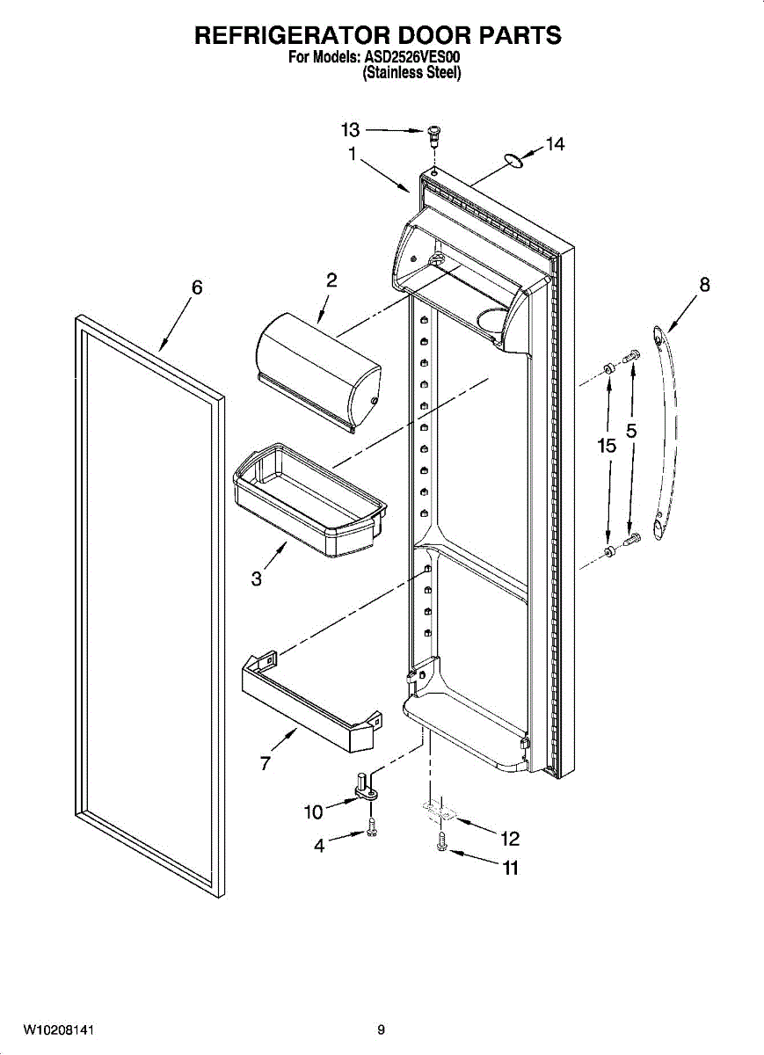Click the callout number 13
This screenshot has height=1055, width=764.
coord(350,130)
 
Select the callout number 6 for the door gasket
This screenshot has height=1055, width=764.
coord(197,287)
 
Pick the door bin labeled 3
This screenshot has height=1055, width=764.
coord(308,501)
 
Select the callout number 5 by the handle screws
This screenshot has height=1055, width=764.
coord(631,432)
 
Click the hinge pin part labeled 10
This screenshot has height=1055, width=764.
coord(364,788)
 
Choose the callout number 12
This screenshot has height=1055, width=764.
coord(510,838)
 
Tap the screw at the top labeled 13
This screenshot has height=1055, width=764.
coord(432,134)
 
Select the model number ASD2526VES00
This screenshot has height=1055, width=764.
coord(414,58)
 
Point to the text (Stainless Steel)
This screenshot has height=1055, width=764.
coord(412,74)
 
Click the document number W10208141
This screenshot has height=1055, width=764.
coord(58,1030)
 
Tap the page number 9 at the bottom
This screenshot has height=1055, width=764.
coord(381,1030)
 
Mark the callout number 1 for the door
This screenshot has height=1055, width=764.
coord(352,155)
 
